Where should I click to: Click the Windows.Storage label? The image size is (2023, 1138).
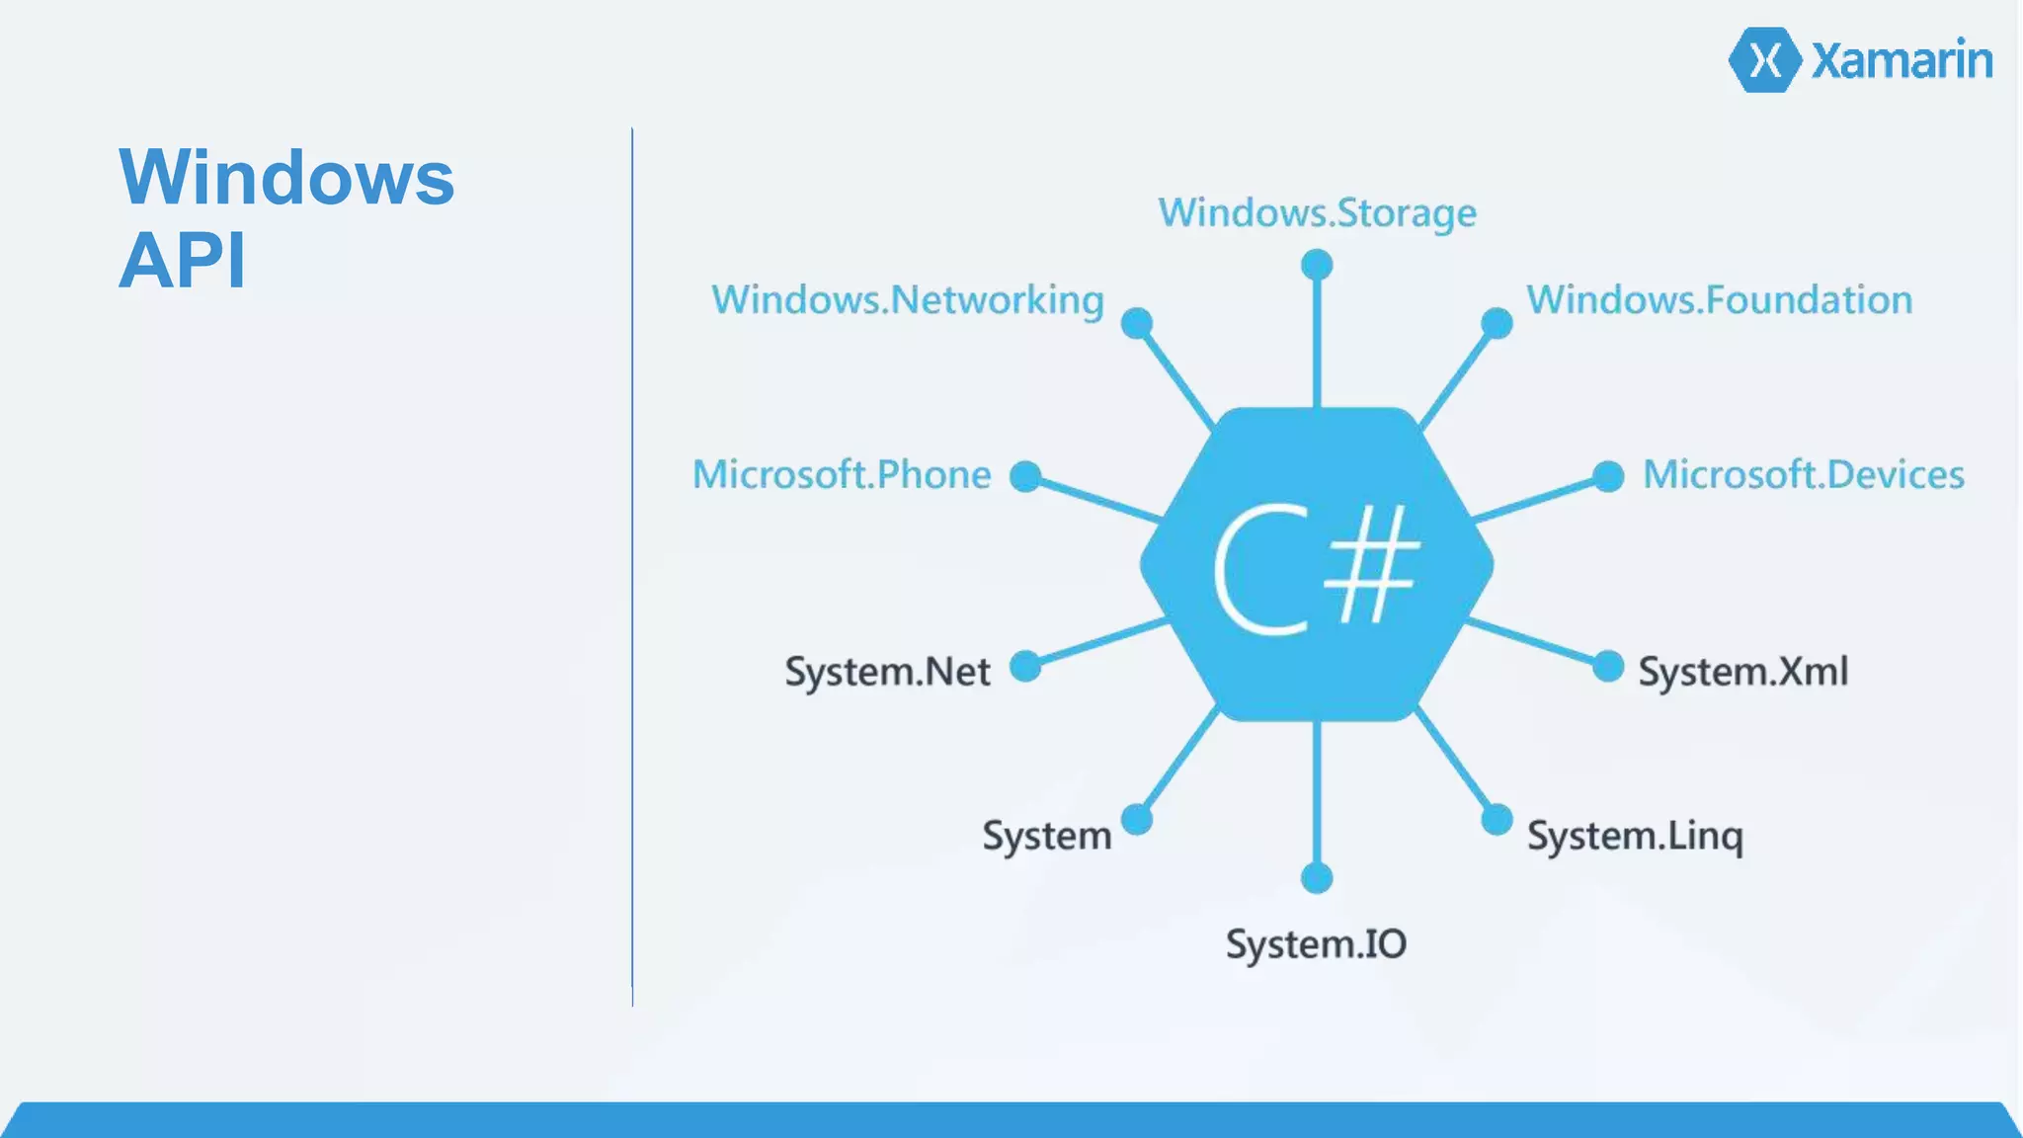(x=1317, y=213)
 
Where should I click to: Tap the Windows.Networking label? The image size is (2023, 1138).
(x=907, y=300)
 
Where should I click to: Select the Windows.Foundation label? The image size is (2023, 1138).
(x=1719, y=300)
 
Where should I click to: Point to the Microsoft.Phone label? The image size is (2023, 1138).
(x=841, y=475)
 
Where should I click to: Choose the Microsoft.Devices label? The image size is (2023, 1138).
(x=1803, y=475)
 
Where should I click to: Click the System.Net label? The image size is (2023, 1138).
(x=887, y=672)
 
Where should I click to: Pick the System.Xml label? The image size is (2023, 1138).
(x=1742, y=672)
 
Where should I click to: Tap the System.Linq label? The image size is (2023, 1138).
(x=1635, y=837)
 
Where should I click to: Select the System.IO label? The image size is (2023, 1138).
(x=1316, y=944)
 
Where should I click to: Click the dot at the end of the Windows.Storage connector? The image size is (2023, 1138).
(x=1317, y=265)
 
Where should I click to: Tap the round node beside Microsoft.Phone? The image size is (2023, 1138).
(x=1025, y=476)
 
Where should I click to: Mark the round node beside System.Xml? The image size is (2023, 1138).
(x=1608, y=667)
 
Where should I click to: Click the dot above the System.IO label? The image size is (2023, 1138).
(x=1317, y=877)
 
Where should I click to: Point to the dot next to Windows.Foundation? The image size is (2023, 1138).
(x=1497, y=323)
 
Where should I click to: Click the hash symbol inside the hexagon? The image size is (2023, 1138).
(x=1371, y=565)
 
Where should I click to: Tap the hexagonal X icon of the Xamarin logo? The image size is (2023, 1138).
(x=1765, y=60)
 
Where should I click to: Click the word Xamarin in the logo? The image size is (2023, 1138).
(x=1902, y=61)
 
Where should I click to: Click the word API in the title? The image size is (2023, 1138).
(x=182, y=261)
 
